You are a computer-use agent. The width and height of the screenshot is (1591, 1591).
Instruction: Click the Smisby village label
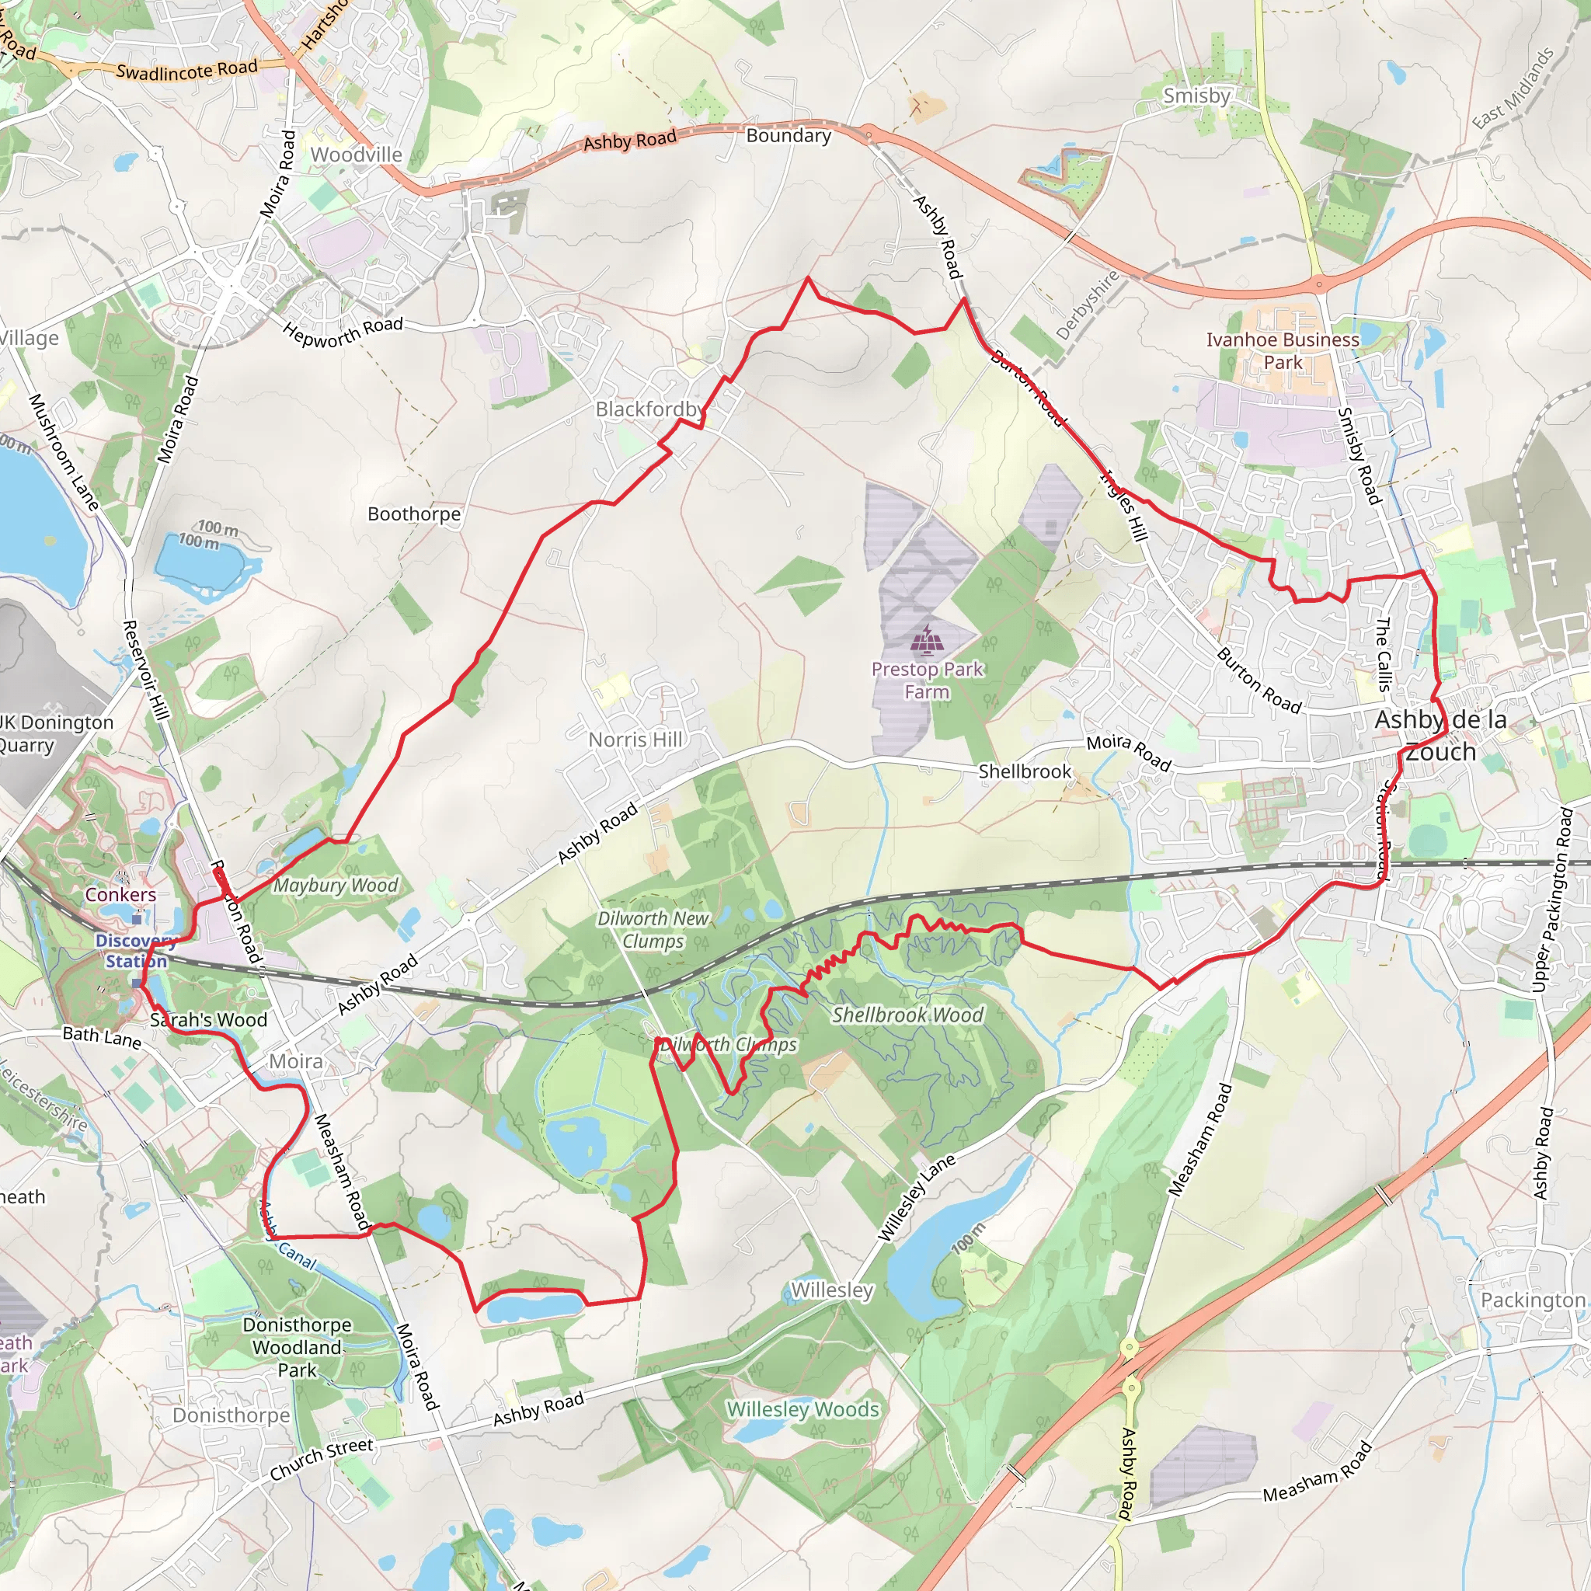pos(1196,96)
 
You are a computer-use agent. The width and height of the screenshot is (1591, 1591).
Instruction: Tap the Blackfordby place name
pos(649,409)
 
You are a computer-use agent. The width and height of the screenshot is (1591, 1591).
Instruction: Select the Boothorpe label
pos(413,514)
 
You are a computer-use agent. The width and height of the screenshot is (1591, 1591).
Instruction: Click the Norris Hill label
pos(635,740)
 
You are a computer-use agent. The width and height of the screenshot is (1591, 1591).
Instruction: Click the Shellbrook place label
pos(1025,771)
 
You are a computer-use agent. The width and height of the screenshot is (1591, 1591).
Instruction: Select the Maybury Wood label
pos(335,886)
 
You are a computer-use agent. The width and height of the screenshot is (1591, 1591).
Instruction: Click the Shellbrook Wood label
pos(907,1015)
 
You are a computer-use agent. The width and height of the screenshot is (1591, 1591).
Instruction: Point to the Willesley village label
pos(832,1290)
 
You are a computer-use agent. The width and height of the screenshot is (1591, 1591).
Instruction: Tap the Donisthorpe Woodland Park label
pos(297,1347)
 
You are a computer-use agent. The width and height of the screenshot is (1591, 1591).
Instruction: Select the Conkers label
pos(120,894)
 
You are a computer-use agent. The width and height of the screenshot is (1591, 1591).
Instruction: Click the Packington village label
pos(1532,1300)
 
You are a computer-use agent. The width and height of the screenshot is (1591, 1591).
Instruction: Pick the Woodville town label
pos(356,155)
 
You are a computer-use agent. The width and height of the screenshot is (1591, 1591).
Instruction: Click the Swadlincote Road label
pos(187,70)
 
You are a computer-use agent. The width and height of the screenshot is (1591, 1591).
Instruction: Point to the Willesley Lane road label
pos(917,1197)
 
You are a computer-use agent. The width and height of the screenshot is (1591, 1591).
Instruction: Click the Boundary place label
pos(788,136)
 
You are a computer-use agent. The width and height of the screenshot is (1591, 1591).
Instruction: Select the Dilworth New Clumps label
pos(653,930)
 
